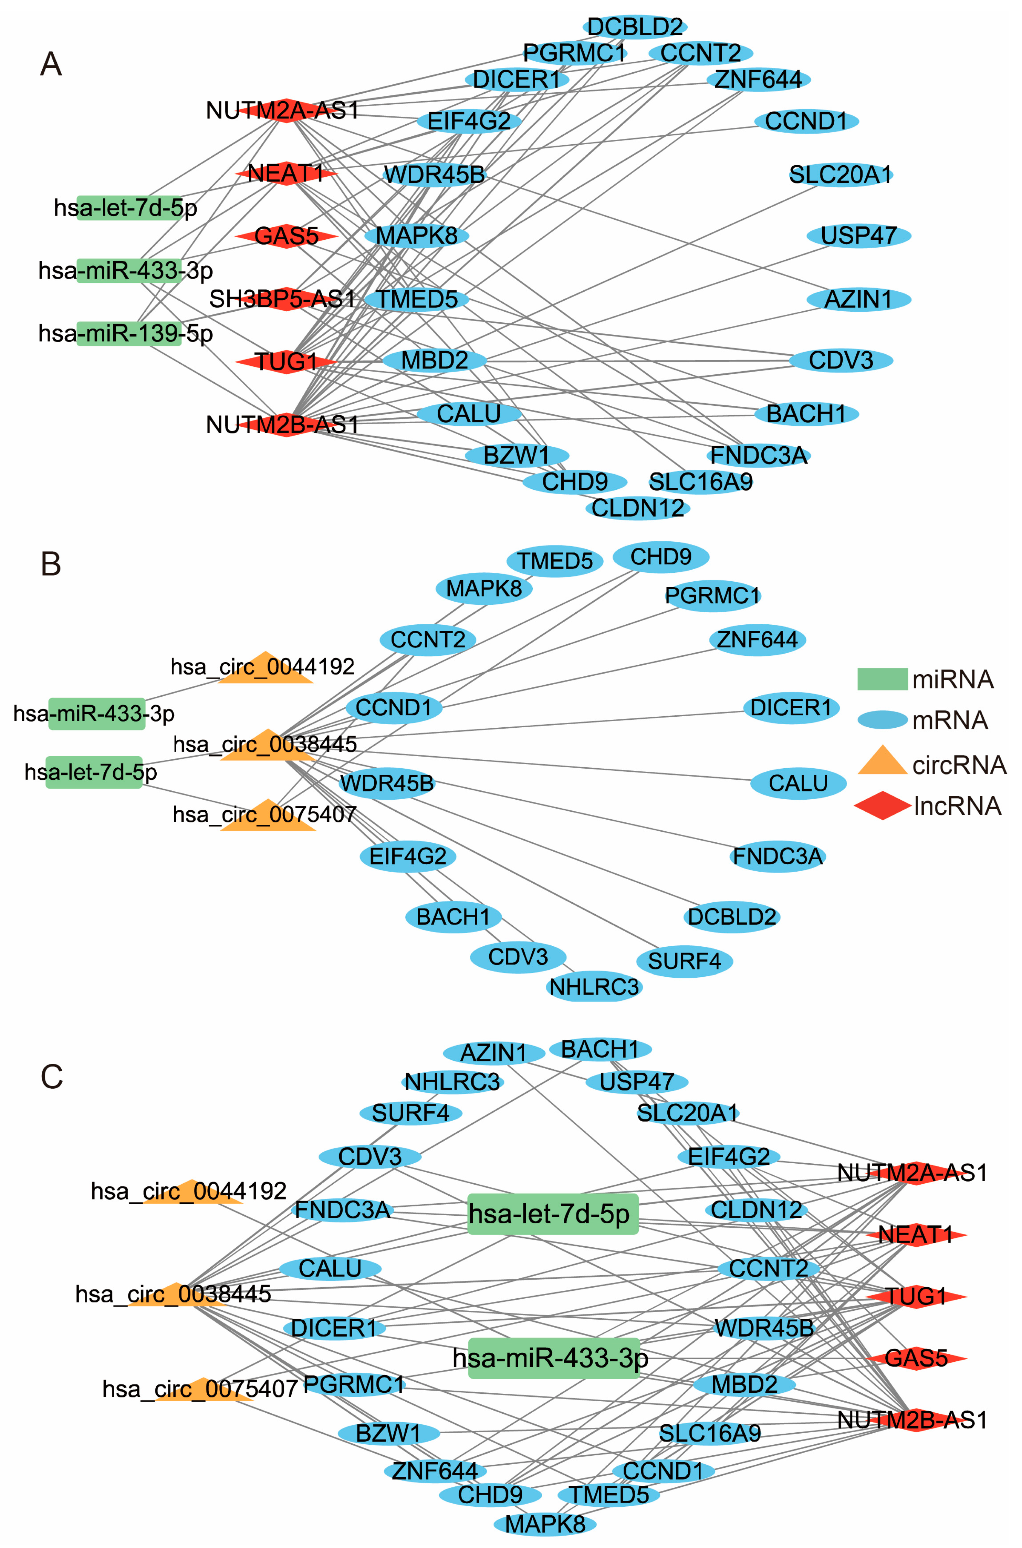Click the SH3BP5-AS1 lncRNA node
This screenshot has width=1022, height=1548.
[x=285, y=299]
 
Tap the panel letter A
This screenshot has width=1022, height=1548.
[x=51, y=64]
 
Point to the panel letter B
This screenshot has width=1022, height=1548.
[x=51, y=564]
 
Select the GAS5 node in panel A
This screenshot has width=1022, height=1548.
[x=286, y=236]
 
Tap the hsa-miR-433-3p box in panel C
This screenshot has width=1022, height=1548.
[x=553, y=1358]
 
